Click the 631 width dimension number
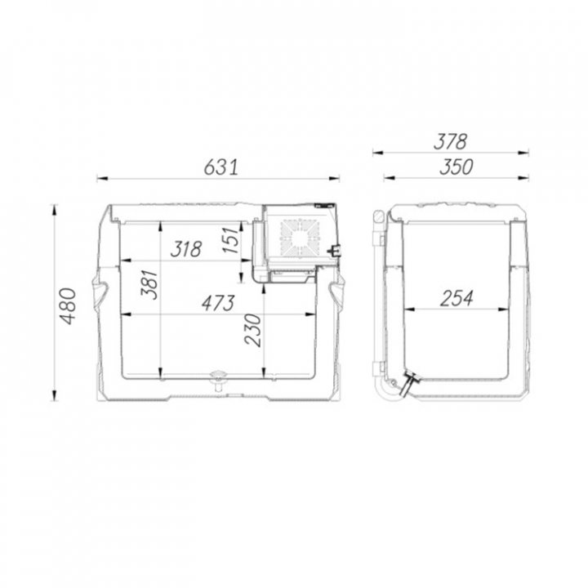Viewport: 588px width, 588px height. coord(221,167)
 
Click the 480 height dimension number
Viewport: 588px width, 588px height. coord(69,306)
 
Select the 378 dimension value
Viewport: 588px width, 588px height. coord(450,142)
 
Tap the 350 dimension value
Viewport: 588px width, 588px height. coord(457,167)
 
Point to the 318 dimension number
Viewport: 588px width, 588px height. coord(186,249)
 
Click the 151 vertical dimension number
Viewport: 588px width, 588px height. coord(231,239)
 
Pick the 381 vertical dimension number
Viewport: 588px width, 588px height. coord(149,284)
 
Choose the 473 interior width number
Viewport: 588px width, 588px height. coord(218,303)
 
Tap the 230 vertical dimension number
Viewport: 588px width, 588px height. coord(252,330)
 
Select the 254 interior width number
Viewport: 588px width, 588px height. coord(457,299)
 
